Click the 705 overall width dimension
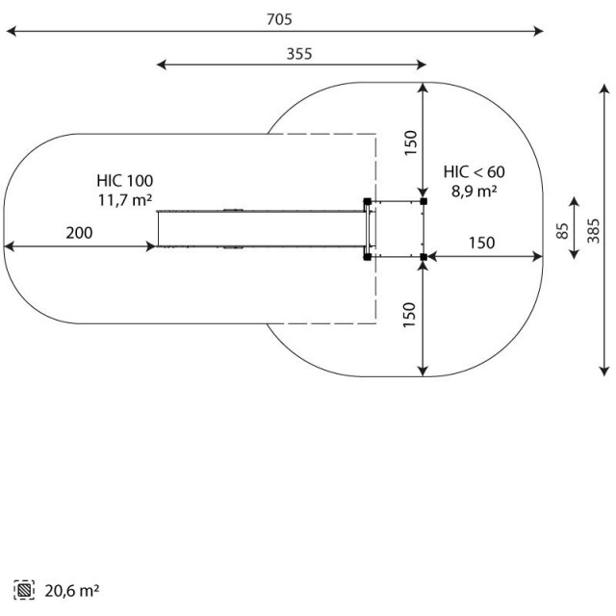click(x=279, y=19)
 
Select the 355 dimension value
click(x=299, y=54)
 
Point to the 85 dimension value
click(x=562, y=231)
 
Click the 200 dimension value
click(x=79, y=233)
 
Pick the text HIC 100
click(x=125, y=181)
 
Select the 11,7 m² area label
click(x=125, y=200)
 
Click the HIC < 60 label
click(x=475, y=172)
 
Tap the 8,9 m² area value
click(x=475, y=192)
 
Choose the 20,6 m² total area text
click(x=72, y=590)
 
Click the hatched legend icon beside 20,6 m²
click(x=24, y=590)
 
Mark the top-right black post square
click(x=423, y=201)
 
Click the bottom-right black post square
click(x=423, y=257)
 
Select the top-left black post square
click(x=368, y=201)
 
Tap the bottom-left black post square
click(x=368, y=257)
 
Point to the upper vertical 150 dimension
click(x=411, y=142)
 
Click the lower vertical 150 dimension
click(x=409, y=315)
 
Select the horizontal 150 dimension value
click(x=482, y=244)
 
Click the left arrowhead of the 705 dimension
click(x=12, y=31)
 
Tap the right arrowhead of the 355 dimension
click(x=422, y=64)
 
